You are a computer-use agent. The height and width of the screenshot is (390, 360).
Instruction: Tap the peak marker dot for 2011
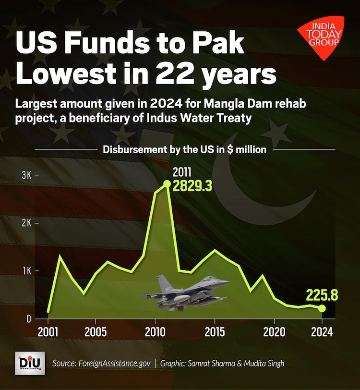(167, 183)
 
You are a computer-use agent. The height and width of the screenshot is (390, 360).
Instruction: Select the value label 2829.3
(192, 186)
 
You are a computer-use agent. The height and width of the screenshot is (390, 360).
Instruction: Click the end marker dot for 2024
(322, 308)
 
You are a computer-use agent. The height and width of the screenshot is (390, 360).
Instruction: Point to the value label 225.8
(323, 294)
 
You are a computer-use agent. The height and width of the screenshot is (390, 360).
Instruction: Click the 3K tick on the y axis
(26, 175)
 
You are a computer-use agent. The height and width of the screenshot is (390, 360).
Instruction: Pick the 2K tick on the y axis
(26, 223)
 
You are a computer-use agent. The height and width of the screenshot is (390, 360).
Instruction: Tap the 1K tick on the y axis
(26, 270)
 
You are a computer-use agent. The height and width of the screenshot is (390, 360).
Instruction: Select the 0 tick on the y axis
(29, 318)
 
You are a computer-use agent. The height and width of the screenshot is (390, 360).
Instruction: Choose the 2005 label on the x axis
(96, 332)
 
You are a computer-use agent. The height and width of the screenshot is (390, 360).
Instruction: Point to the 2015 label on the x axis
(215, 332)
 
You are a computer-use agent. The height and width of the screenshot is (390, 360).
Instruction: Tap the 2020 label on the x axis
(274, 332)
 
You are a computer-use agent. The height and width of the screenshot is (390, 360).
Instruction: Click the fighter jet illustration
(185, 292)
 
